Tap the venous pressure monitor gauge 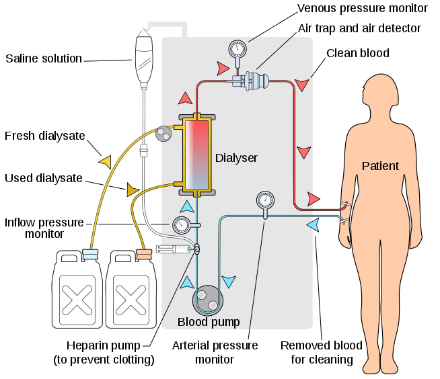click(237, 50)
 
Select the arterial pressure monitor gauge click(265, 200)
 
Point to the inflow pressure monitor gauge click(180, 224)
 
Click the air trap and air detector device click(252, 81)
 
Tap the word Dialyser click(236, 158)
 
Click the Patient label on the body click(380, 166)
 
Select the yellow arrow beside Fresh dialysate click(104, 161)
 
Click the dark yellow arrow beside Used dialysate click(133, 190)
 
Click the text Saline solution click(44, 58)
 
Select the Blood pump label click(208, 322)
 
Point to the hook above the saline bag click(143, 29)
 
